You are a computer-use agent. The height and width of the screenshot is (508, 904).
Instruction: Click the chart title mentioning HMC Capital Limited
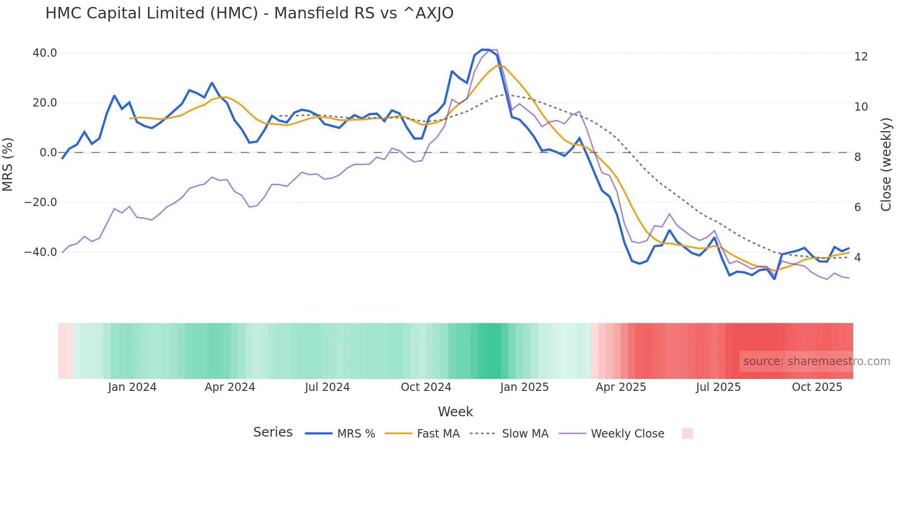[x=249, y=13]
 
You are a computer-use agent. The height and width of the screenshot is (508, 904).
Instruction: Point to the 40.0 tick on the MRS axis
[x=45, y=53]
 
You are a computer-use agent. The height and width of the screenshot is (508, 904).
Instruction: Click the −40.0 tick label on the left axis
[x=41, y=252]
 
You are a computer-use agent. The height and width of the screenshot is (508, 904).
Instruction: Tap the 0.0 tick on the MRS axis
[x=48, y=153]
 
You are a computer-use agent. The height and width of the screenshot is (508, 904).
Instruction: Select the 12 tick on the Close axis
[x=861, y=57]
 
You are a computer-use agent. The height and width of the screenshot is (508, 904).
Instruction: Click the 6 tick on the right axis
[x=857, y=207]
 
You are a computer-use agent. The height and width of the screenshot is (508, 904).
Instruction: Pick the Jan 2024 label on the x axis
[x=132, y=387]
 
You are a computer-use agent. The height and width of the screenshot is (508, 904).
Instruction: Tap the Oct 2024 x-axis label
[x=426, y=387]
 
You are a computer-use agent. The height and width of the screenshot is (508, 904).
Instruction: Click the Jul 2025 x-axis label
[x=718, y=387]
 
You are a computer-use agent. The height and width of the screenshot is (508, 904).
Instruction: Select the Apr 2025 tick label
[x=621, y=387]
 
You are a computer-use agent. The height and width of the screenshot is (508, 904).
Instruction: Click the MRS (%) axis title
[x=8, y=164]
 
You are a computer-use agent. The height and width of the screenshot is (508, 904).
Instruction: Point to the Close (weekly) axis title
[x=886, y=165]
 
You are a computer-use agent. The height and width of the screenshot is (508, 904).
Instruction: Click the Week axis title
[x=455, y=412]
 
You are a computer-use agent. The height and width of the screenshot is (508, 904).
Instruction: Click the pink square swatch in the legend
[x=687, y=433]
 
